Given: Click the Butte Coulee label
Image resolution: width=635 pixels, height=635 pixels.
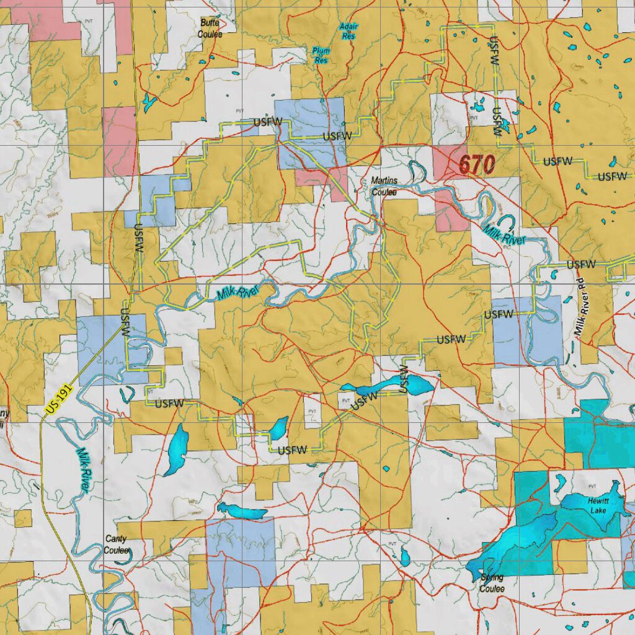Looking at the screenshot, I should click(x=210, y=29).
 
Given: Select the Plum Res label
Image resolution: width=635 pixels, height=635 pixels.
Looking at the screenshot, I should click(x=321, y=56).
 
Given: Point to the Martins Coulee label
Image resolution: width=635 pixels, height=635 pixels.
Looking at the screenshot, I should click(x=384, y=186).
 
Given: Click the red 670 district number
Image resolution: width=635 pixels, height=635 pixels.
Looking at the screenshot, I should click(x=476, y=165).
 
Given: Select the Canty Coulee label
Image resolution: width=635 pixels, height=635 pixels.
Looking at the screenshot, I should click(x=116, y=545).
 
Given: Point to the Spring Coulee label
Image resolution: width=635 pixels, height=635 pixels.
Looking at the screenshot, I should click(x=491, y=584).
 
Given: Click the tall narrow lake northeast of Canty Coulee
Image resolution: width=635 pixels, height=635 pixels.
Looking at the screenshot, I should click(x=176, y=450).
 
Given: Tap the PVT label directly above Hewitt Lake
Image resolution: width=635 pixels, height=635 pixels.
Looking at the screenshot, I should click(x=592, y=487).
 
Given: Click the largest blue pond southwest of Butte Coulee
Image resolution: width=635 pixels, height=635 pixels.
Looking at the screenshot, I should click(x=149, y=102).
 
